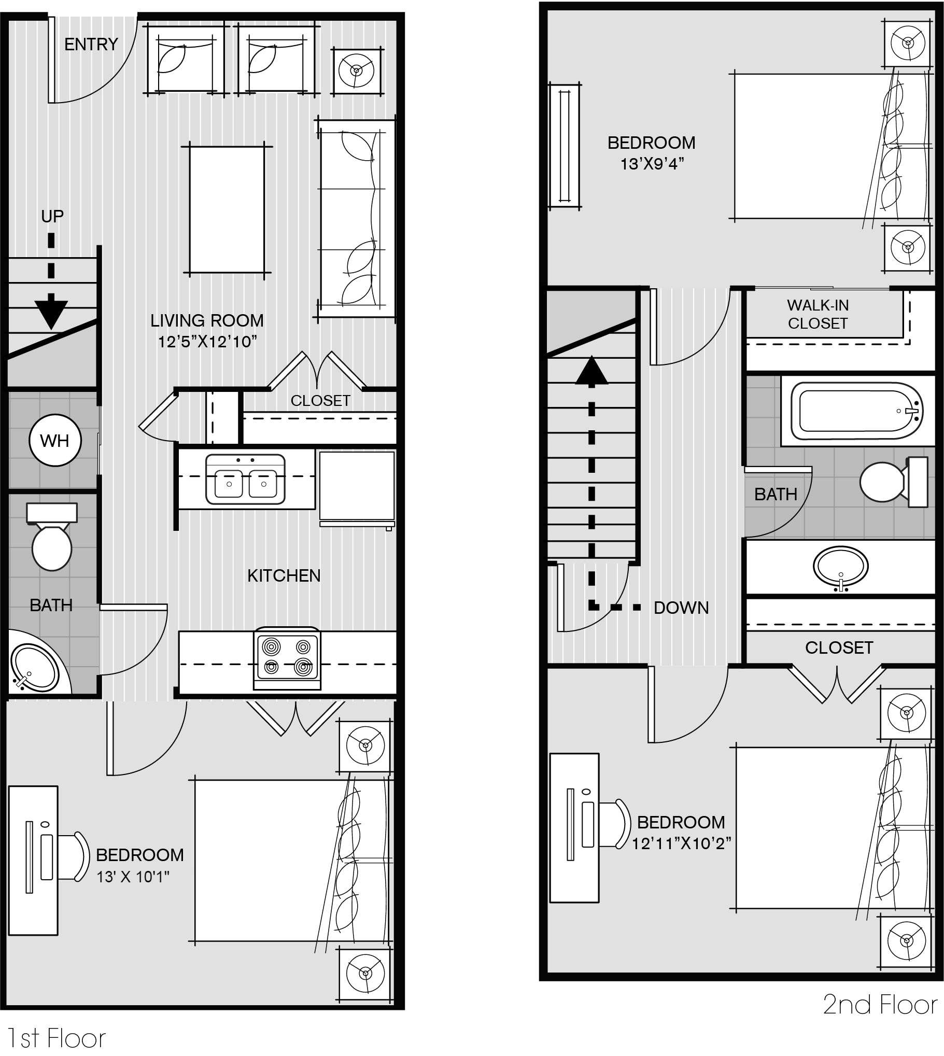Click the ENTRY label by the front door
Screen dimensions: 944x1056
click(x=91, y=44)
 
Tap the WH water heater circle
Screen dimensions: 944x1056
click(x=55, y=440)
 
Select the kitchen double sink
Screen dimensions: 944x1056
click(x=245, y=479)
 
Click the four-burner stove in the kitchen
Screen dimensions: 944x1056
click(x=287, y=659)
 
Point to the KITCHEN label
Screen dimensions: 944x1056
click(x=284, y=575)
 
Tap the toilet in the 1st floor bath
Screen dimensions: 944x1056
click(x=52, y=537)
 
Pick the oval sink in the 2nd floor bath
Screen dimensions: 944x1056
click(x=840, y=567)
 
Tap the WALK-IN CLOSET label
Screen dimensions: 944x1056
click(x=818, y=314)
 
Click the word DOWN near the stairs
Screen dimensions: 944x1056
click(x=681, y=608)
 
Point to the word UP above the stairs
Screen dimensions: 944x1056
click(x=52, y=216)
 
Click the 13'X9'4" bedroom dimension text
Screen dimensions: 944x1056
click(x=652, y=164)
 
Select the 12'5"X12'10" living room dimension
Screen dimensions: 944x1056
click(x=207, y=342)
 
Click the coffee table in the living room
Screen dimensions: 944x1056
click(x=227, y=209)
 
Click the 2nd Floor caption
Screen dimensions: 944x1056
click(x=881, y=1005)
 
